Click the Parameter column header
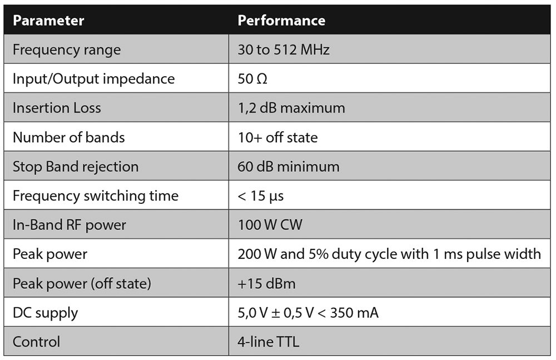point(48,21)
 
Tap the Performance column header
point(281,21)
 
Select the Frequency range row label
point(67,50)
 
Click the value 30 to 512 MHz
point(284,50)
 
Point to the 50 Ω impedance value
point(252,79)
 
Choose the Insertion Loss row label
point(57,108)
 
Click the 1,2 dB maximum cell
point(291,108)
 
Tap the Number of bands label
point(68,137)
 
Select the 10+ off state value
point(277,137)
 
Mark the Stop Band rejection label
point(76,167)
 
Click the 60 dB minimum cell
point(289,167)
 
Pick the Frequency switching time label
point(96,196)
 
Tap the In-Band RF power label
point(69,225)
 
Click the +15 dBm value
point(267,284)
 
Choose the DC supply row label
point(45,313)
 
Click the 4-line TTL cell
point(269,342)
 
